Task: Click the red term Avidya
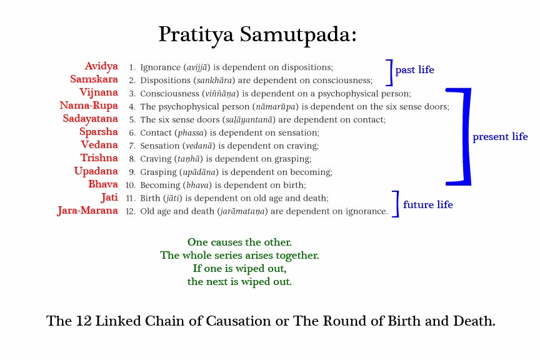click(x=101, y=66)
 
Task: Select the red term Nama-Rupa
click(x=89, y=106)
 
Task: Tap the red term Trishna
click(x=99, y=157)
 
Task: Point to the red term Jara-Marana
click(x=87, y=211)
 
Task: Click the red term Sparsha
click(x=99, y=132)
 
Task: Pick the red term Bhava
click(x=103, y=184)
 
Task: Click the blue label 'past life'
click(x=414, y=70)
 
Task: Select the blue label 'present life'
click(x=500, y=137)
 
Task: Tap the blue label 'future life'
click(x=427, y=204)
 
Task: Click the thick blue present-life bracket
click(x=467, y=137)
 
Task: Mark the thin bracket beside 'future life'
click(x=397, y=204)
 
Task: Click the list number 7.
click(x=132, y=146)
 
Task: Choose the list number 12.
click(x=130, y=211)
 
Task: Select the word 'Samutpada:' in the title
click(x=298, y=35)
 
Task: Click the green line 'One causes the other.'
click(x=240, y=242)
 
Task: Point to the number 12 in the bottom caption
click(x=84, y=321)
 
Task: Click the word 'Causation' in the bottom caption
click(x=239, y=321)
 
